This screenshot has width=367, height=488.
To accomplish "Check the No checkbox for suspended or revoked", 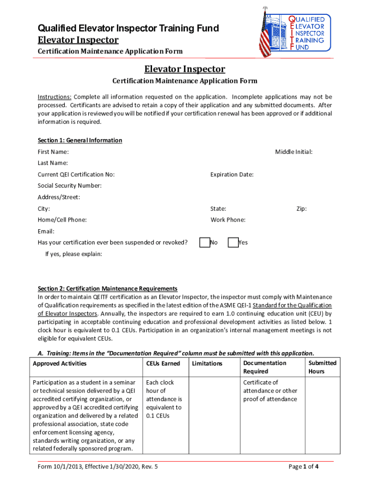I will point(205,243).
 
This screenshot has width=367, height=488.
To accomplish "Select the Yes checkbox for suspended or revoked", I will point(233,243).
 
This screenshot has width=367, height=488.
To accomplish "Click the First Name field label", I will point(53,152).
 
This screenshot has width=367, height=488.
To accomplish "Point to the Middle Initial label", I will point(294,152).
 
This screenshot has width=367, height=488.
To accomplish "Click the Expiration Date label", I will point(232,174).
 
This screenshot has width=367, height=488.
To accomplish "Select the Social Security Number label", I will point(70,186).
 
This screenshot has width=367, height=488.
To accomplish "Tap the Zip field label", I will point(301,209).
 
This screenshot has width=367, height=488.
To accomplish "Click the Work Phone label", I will point(228,220).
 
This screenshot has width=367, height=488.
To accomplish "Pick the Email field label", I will point(46,231).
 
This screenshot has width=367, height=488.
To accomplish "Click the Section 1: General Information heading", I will point(80,141).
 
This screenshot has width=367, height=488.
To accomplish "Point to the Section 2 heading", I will point(108,289).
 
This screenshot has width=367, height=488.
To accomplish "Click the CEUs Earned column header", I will point(163,364).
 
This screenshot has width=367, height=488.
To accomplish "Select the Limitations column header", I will point(207,364).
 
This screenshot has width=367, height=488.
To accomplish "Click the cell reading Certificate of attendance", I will point(270,391).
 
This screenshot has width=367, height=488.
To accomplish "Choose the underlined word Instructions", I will point(55,97).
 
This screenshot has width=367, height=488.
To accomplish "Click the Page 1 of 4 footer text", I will point(304,467).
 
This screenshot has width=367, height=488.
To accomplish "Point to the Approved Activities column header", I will point(60,364).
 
